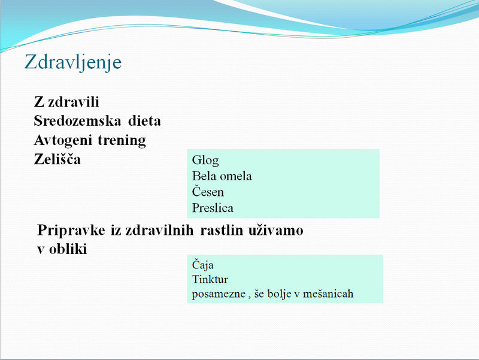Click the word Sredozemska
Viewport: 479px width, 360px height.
click(78, 121)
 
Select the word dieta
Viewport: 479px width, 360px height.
click(144, 121)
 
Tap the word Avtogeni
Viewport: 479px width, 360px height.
click(63, 141)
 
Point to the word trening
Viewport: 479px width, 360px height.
click(122, 141)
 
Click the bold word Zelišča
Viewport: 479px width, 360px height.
click(57, 159)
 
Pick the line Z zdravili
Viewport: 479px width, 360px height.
click(66, 102)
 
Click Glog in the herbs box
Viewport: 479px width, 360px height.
click(205, 161)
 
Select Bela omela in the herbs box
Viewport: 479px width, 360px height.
click(222, 176)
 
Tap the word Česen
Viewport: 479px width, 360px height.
click(208, 191)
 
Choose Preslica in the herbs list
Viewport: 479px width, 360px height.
click(213, 208)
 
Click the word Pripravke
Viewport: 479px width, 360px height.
click(71, 231)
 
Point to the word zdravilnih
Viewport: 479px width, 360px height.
click(159, 230)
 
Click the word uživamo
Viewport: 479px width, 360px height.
click(275, 230)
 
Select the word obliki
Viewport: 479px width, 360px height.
click(68, 249)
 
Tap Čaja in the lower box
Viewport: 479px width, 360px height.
click(202, 265)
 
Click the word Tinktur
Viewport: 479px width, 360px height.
click(210, 279)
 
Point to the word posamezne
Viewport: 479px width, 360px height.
click(219, 294)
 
